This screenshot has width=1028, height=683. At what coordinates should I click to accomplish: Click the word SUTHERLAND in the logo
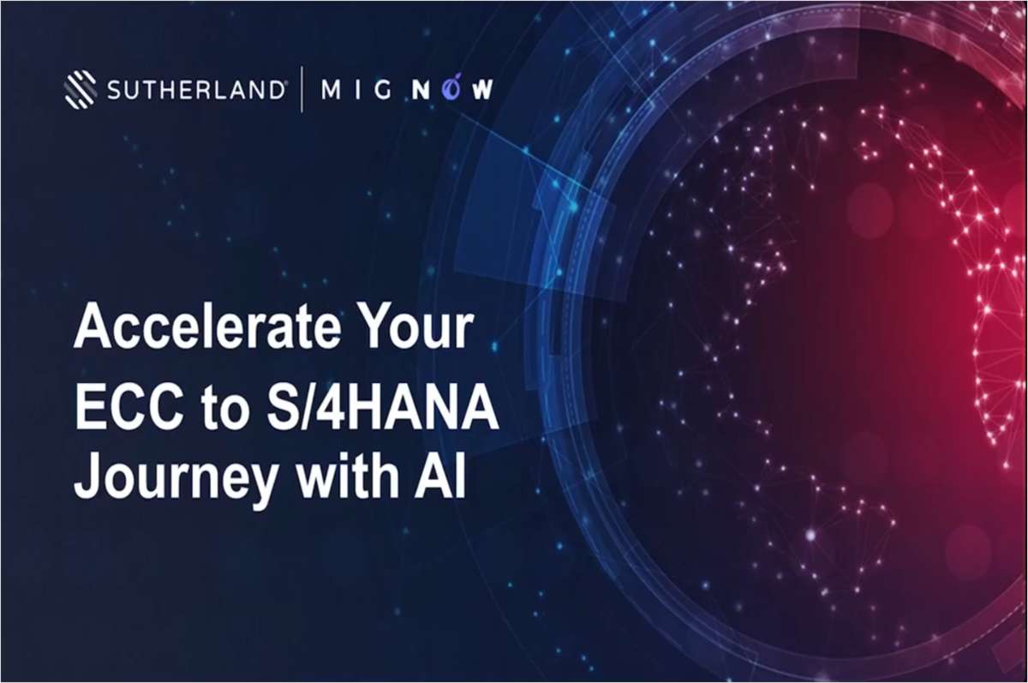196,91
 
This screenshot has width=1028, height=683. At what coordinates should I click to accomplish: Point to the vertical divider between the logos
302,90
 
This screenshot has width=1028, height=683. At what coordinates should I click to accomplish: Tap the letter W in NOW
481,91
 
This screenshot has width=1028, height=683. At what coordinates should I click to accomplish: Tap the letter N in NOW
421,91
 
